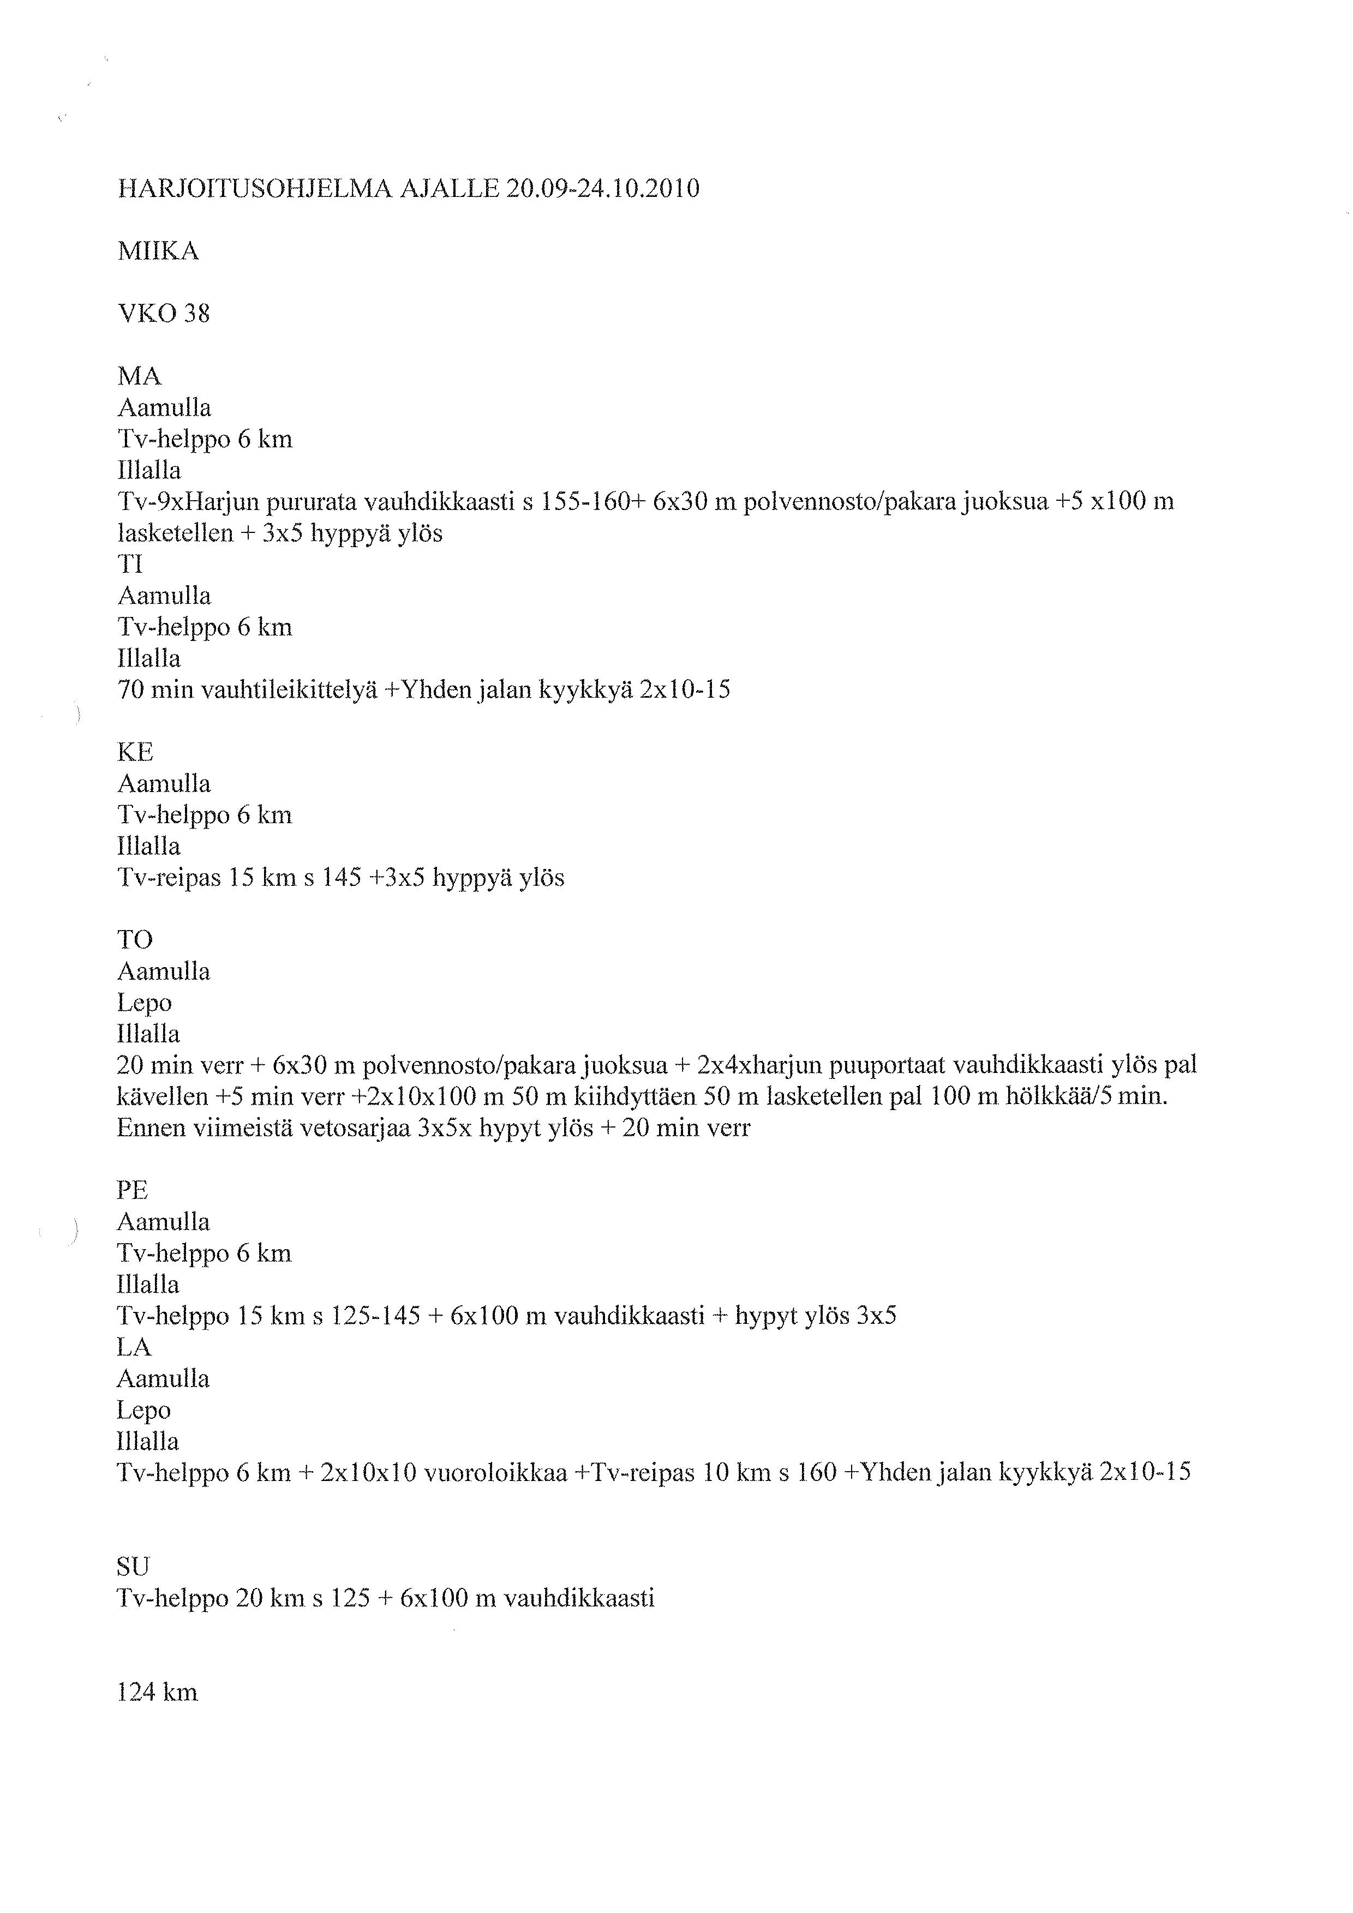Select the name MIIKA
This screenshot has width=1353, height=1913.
(158, 251)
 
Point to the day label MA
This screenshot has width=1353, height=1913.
(139, 376)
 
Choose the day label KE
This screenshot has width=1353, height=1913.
(135, 752)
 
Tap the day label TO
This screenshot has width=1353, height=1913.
(135, 940)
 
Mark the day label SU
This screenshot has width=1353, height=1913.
(133, 1567)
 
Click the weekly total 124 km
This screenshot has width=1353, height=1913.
(158, 1692)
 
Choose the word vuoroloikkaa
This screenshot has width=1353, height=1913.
(496, 1472)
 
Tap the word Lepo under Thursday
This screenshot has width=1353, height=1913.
(144, 1003)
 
